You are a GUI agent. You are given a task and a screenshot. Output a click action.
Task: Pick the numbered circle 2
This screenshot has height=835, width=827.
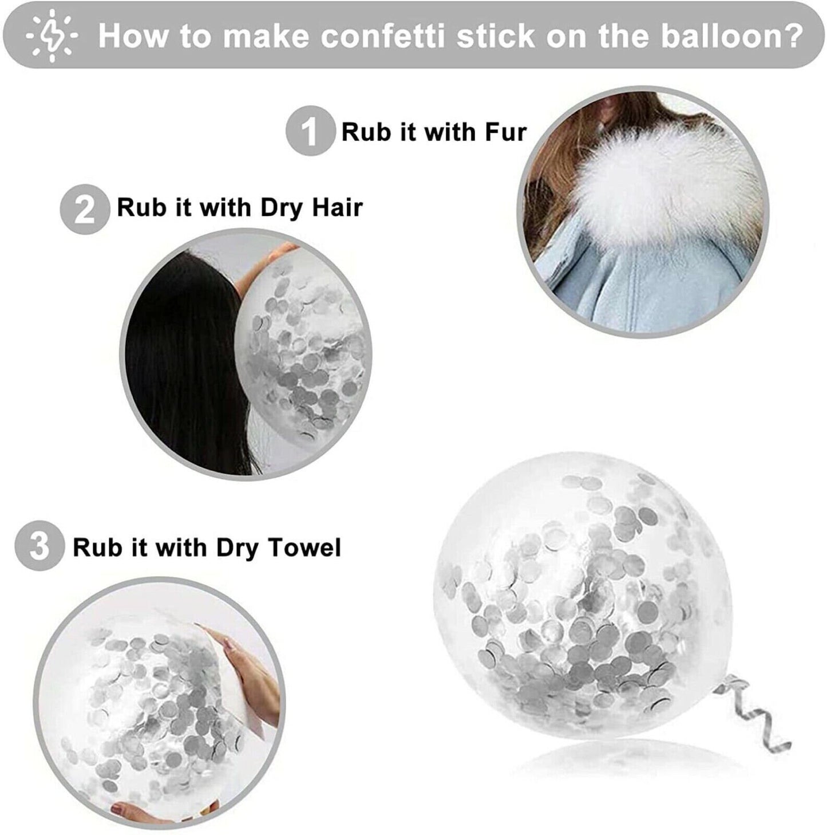85,208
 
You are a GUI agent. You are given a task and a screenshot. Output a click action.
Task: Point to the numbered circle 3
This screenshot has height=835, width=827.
39,548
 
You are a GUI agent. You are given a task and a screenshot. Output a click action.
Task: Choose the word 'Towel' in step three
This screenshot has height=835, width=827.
303,548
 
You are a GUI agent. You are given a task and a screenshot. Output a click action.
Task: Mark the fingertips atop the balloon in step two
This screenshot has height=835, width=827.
282,251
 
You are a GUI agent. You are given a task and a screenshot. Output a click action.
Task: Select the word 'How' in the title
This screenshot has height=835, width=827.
133,36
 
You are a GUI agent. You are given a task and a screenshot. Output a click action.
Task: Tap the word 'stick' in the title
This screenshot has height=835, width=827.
496,36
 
